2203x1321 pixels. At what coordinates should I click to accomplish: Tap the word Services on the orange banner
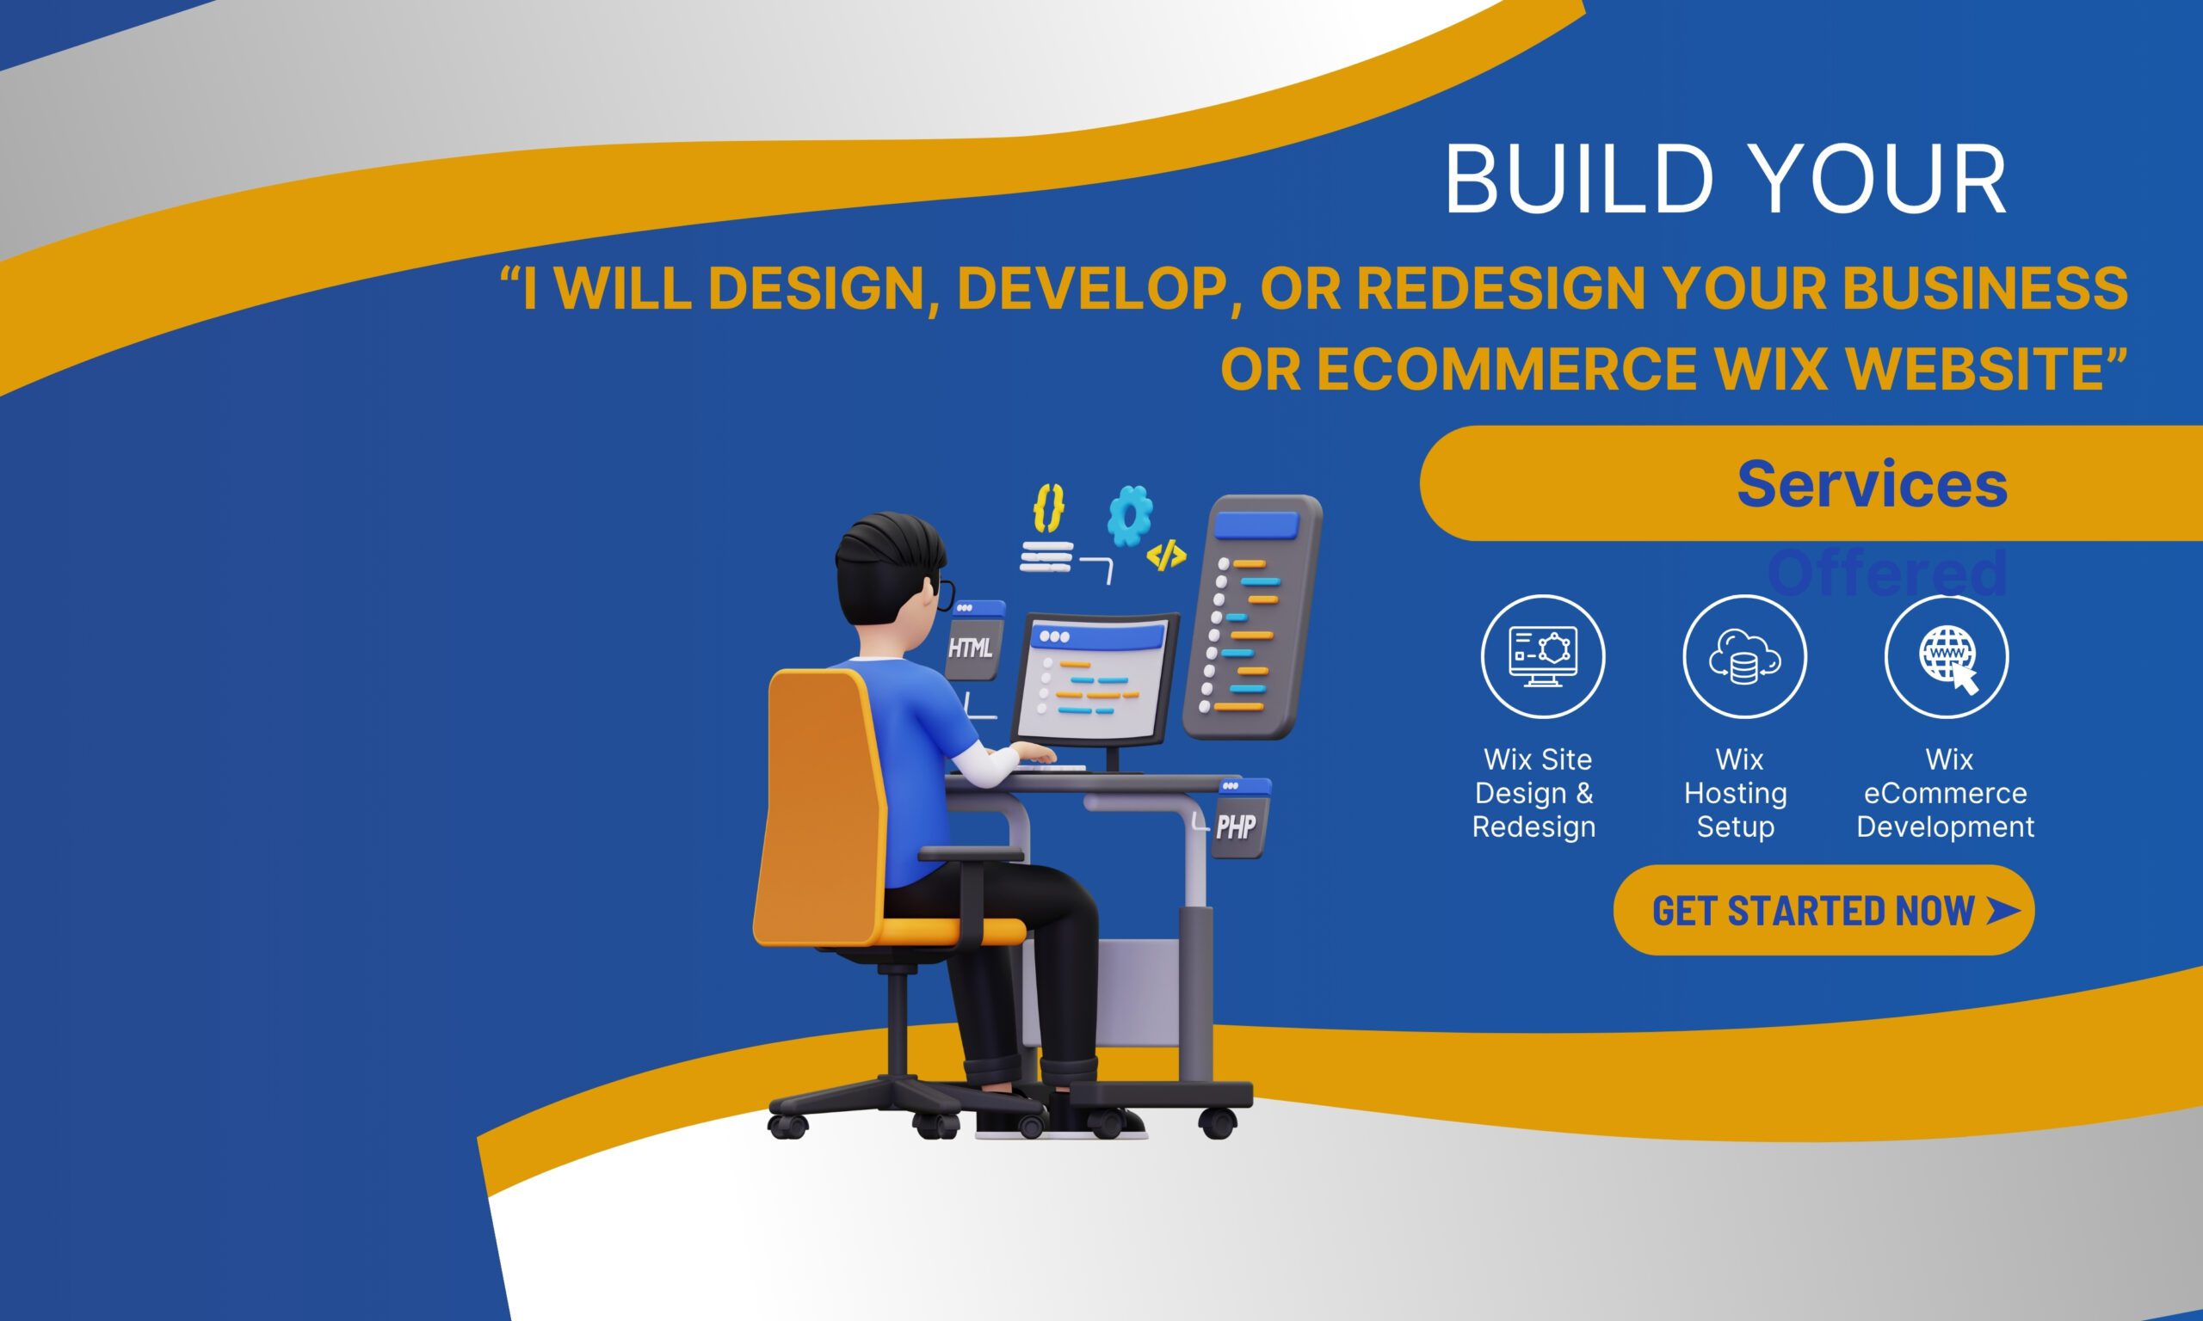coord(1872,484)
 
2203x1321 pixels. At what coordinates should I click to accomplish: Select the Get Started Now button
coord(1823,911)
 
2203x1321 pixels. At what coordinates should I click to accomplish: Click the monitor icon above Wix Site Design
coord(1542,656)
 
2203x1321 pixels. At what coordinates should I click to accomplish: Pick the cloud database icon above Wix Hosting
coord(1744,656)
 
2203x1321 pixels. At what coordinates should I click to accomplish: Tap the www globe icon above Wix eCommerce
coord(1947,656)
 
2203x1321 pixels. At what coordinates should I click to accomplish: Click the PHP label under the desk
coord(1236,826)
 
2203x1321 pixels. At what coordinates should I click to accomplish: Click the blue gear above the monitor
coord(1129,514)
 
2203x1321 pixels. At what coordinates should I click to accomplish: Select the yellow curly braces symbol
coord(1048,508)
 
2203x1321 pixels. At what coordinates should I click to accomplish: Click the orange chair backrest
coord(819,802)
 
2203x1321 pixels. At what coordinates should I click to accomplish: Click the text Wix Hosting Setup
coord(1736,792)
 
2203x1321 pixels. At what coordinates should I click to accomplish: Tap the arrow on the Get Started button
coord(2002,910)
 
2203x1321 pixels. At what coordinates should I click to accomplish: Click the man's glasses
coord(946,593)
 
